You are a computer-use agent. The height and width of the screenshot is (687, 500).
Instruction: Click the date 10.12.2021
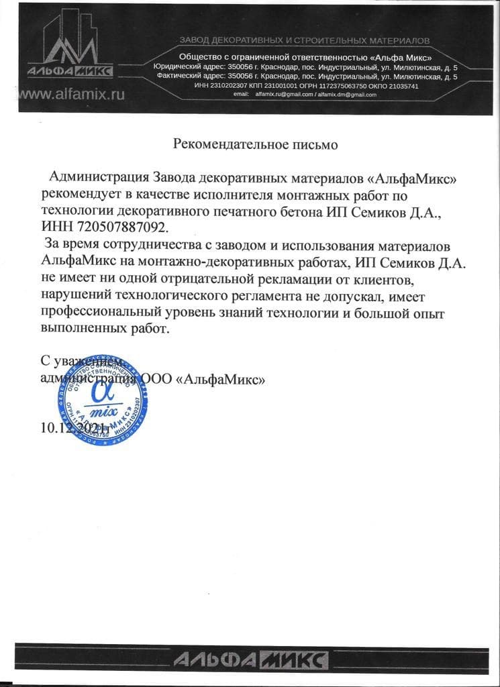tap(74, 427)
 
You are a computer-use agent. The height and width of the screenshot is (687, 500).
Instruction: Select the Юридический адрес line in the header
tap(305, 68)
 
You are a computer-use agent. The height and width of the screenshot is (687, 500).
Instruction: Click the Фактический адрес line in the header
tap(306, 77)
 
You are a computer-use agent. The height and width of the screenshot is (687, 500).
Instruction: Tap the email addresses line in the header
tap(305, 95)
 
